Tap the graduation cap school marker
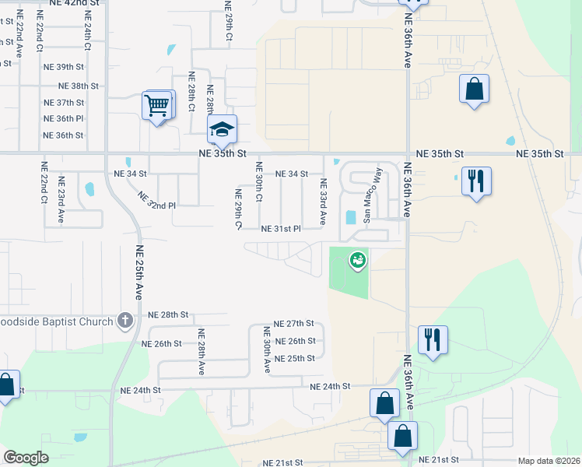pyautogui.click(x=222, y=130)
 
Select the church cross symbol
pyautogui.click(x=124, y=320)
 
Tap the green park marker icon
pyautogui.click(x=358, y=261)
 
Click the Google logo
pyautogui.click(x=26, y=458)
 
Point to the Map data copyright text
pyautogui.click(x=548, y=461)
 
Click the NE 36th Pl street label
pyautogui.click(x=64, y=118)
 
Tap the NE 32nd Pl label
pyautogui.click(x=157, y=200)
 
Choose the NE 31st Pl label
pyautogui.click(x=281, y=229)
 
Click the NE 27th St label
pyautogui.click(x=293, y=323)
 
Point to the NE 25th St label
pyautogui.click(x=295, y=358)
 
